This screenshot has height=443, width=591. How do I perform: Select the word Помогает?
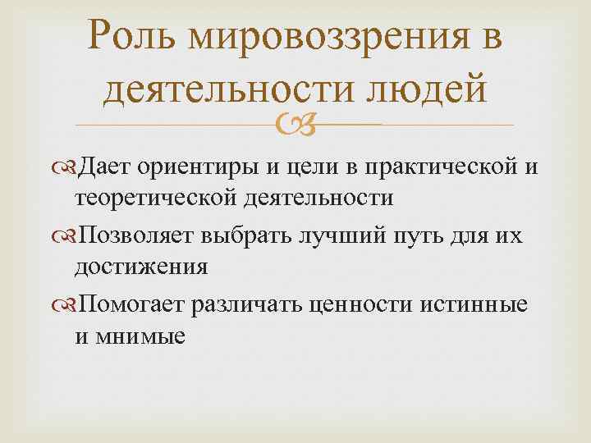[x=135, y=306]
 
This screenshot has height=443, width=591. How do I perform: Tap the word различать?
[x=248, y=306]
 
